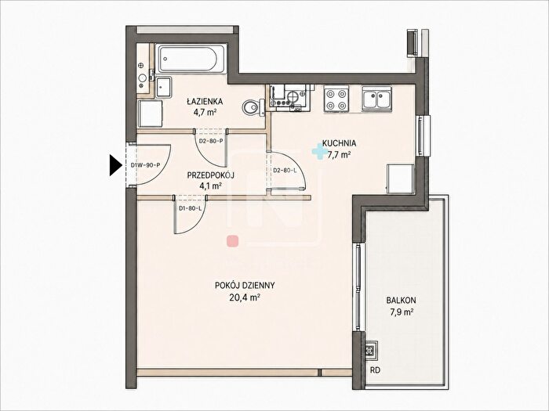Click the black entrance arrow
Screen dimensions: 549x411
click(115, 165)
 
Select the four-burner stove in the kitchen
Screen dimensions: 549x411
click(336, 99)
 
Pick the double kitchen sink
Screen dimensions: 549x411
click(376, 99)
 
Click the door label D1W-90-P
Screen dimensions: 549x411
click(145, 165)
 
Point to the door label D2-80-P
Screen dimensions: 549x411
click(211, 141)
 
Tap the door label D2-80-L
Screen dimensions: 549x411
click(285, 171)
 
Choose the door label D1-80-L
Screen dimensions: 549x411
click(190, 209)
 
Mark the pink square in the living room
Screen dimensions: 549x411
click(232, 241)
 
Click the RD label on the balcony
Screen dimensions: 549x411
click(376, 370)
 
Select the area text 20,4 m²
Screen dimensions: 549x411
click(245, 297)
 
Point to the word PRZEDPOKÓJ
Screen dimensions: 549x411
click(210, 175)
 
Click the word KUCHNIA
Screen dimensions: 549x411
click(340, 143)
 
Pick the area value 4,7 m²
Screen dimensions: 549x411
click(205, 113)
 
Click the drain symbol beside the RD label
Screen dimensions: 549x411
click(370, 350)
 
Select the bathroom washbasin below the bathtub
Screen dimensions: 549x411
click(163, 87)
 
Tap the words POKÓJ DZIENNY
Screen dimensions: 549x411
click(245, 286)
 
